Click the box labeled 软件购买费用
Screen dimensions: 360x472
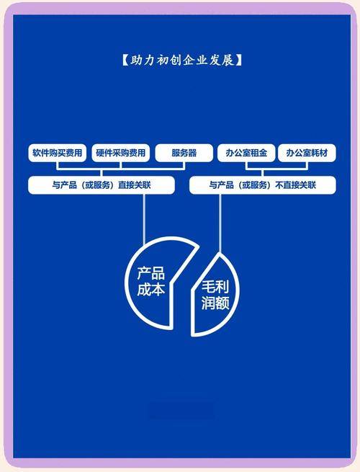click(57, 153)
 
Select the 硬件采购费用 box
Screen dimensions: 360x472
click(120, 153)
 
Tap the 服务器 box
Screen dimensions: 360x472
click(184, 153)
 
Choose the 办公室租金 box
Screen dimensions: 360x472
click(246, 153)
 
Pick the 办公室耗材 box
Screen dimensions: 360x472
click(307, 153)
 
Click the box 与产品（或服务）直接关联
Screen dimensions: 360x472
click(102, 184)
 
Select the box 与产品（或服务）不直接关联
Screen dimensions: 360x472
click(263, 184)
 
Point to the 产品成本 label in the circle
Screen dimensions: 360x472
click(150, 281)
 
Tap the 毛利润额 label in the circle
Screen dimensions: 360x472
click(215, 295)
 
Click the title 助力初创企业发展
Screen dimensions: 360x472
click(182, 61)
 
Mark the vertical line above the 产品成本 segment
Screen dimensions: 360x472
click(144, 219)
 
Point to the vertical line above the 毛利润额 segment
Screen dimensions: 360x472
click(220, 223)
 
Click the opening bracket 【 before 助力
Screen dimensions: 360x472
click(125, 61)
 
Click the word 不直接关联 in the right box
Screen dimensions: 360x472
click(296, 184)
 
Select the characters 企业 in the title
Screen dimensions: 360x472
click(195, 61)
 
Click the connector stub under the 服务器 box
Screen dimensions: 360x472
click(184, 165)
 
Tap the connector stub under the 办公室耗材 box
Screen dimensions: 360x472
click(307, 165)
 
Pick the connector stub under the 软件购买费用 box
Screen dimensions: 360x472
click(57, 165)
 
